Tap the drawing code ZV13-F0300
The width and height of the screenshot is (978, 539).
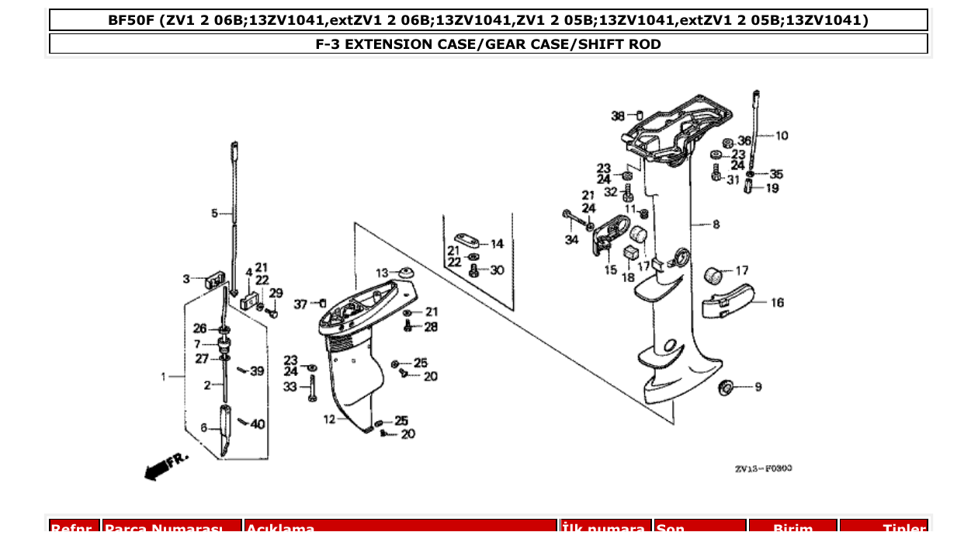tap(763, 468)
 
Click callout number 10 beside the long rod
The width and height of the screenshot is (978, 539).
tap(781, 136)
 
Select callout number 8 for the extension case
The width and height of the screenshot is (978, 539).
tap(716, 224)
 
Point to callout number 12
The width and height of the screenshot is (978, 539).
tap(329, 419)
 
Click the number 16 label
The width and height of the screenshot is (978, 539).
tap(777, 303)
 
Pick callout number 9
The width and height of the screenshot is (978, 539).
tap(758, 387)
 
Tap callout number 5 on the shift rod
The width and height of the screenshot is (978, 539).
tap(215, 213)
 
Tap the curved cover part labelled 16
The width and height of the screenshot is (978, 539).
tap(728, 302)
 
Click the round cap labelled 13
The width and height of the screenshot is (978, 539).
tap(404, 273)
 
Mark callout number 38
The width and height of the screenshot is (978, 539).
tap(617, 116)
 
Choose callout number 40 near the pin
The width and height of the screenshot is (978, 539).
tap(257, 424)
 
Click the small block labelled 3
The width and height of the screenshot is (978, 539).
tap(213, 280)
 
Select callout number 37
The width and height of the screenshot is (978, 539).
tap(300, 304)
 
